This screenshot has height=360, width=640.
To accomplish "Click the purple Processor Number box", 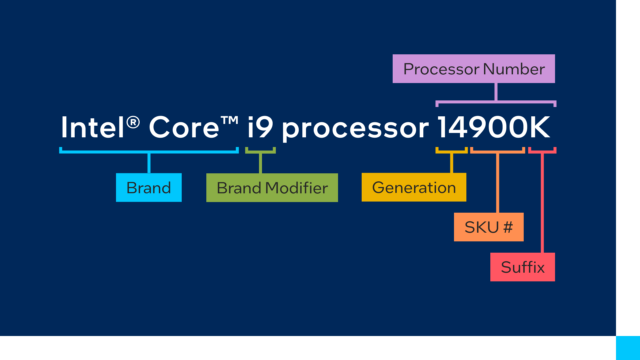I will pyautogui.click(x=474, y=69).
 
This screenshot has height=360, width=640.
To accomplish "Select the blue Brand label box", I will pyautogui.click(x=149, y=187).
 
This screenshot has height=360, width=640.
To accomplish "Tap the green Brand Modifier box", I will pyautogui.click(x=272, y=188).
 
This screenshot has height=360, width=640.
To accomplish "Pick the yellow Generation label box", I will pyautogui.click(x=414, y=187).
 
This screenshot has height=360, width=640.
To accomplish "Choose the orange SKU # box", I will pyautogui.click(x=489, y=227).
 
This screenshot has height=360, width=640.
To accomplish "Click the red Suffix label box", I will pyautogui.click(x=522, y=267).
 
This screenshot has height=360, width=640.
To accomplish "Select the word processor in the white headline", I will pyautogui.click(x=355, y=129).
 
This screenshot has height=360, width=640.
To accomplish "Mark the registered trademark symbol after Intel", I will pyautogui.click(x=133, y=122).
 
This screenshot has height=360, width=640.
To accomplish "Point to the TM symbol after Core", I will pyautogui.click(x=230, y=120).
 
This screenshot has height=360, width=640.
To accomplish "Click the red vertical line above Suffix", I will pyautogui.click(x=542, y=203).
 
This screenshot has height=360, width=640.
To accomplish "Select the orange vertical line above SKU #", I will pyautogui.click(x=498, y=183).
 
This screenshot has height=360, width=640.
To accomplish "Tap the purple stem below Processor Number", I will pyautogui.click(x=496, y=92).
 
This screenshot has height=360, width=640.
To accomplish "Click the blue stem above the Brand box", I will pyautogui.click(x=149, y=163).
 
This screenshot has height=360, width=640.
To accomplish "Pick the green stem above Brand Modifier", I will pyautogui.click(x=260, y=163).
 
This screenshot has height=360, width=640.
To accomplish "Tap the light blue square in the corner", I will pyautogui.click(x=628, y=348).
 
